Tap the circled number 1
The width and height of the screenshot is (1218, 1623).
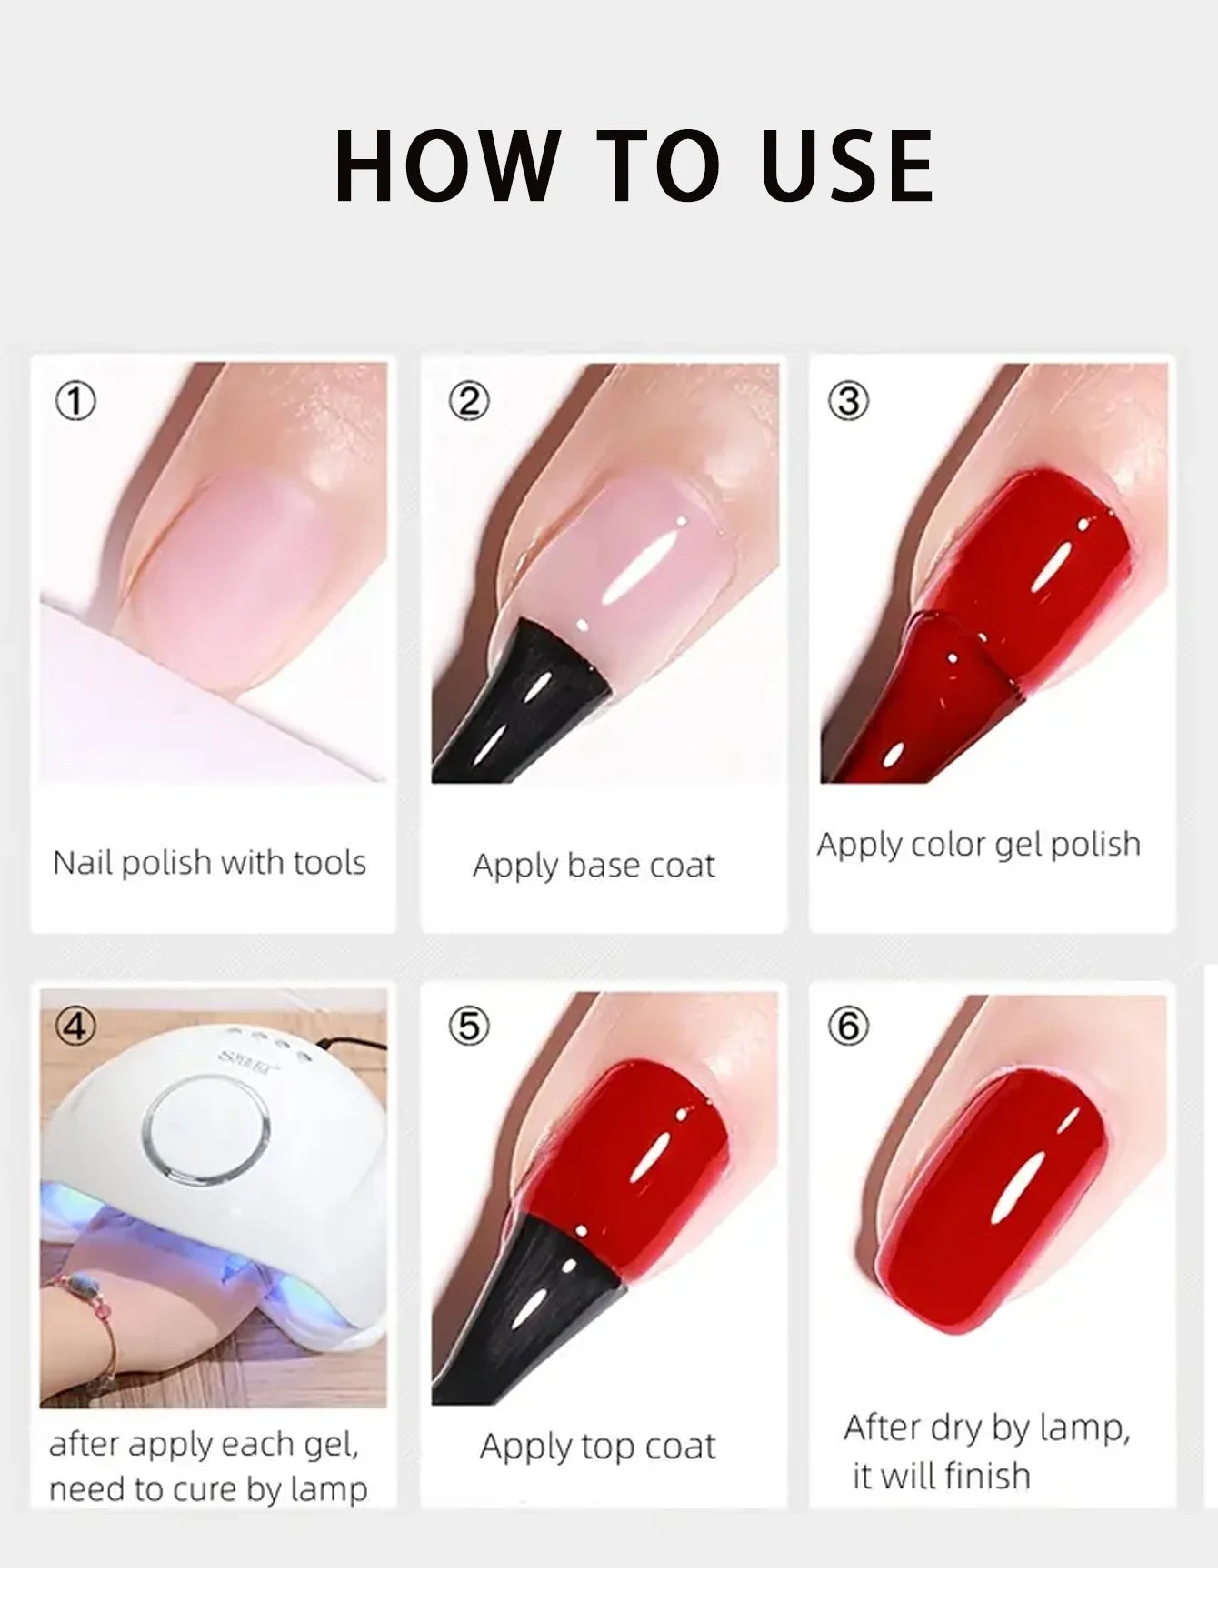[x=75, y=401]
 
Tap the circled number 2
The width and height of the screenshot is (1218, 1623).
[x=468, y=401]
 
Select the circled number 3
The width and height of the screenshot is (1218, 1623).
[x=848, y=401]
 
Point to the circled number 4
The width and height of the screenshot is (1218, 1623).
[x=75, y=1027]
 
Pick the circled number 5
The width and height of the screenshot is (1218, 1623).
[x=468, y=1027]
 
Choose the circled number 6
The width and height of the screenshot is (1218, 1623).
[x=848, y=1027]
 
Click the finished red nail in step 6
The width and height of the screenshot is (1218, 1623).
[x=991, y=1200]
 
